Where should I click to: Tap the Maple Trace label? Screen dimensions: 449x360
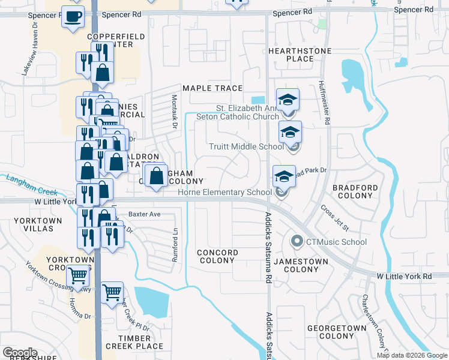(212, 88)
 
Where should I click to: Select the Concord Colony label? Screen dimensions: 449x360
(217, 257)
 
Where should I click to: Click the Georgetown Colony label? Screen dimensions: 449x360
(336, 332)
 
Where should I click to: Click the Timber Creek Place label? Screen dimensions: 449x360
(134, 342)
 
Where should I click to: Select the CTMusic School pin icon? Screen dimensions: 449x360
(296, 242)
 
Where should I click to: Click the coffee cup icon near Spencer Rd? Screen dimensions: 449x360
(73, 17)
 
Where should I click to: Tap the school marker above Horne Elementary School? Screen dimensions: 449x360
(284, 176)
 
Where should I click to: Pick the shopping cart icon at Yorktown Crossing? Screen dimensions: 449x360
(78, 275)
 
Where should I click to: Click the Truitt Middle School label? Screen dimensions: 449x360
(246, 146)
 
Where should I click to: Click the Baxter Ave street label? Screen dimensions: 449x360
(145, 214)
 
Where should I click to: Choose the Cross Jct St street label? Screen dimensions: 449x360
(334, 220)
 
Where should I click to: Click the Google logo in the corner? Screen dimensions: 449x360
(20, 353)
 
